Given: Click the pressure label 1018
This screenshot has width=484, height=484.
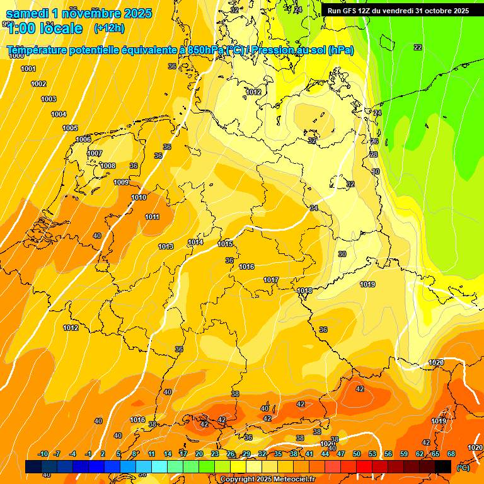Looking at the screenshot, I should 305,291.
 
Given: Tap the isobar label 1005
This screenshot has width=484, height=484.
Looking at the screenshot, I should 70,128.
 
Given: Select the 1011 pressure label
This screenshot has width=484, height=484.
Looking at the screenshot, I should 152,217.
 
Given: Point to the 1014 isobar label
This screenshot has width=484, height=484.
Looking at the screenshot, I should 195,242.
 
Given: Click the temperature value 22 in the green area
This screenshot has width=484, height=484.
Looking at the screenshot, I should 418,47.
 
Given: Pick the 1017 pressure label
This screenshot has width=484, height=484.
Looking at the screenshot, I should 271,280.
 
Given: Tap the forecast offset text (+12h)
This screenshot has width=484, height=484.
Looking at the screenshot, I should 109,28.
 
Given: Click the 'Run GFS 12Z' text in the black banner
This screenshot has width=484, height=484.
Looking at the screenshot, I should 349,11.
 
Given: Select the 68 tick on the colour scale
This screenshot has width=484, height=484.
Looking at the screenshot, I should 451,454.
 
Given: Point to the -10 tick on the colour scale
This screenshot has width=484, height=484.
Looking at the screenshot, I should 43,454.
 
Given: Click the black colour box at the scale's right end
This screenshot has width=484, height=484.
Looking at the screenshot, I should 443,466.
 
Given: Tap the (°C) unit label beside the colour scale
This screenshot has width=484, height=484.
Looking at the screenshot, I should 462,468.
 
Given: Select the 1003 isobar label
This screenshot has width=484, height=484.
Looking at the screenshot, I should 49,99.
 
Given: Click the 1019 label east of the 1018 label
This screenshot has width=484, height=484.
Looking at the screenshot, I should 368,284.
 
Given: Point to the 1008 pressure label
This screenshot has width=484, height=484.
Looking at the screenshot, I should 108,166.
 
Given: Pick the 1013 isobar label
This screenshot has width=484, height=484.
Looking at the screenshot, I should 166,246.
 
